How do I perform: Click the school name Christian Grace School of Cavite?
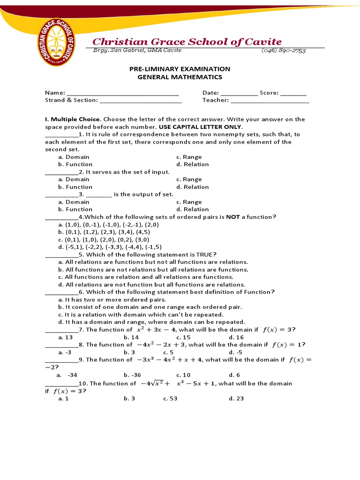coord(187,42)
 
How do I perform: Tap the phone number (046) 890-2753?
coord(283,51)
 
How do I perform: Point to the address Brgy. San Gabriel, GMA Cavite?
coord(137,50)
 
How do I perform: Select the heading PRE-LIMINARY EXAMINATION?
coord(180,69)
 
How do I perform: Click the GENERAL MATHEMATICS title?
coord(180,77)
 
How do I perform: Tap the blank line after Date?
coord(239,93)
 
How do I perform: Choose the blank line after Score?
coord(293,93)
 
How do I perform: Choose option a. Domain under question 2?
coord(74,180)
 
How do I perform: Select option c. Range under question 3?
coord(189,202)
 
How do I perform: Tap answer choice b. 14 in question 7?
coord(131,337)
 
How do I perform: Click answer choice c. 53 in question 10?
coord(170,398)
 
